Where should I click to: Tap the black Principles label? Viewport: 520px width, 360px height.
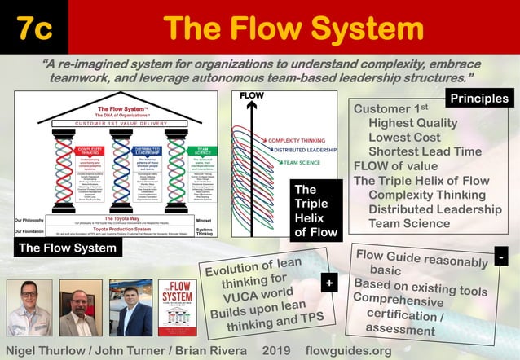tap(479, 99)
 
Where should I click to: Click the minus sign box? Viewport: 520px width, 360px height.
tap(501, 257)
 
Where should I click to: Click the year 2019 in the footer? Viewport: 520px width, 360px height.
tap(282, 350)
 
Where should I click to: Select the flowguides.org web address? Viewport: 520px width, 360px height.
tap(348, 350)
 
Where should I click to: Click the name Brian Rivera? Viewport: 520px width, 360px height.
tap(210, 350)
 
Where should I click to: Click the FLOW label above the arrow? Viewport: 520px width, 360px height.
tap(252, 96)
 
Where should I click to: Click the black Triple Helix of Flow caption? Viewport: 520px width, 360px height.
tap(315, 211)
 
